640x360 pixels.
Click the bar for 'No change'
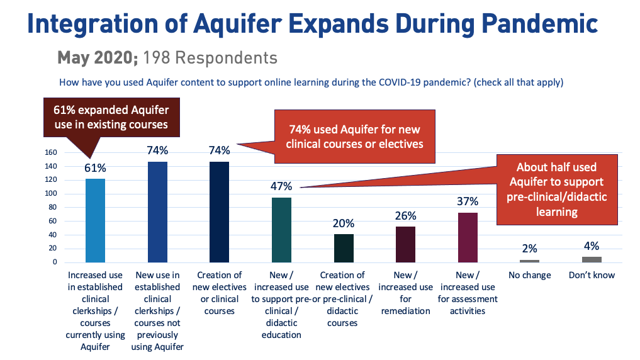529,261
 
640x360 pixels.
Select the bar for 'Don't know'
592,259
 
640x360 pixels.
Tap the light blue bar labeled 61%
96,220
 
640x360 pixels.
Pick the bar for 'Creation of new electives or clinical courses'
219,211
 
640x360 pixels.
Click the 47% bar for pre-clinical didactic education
281,230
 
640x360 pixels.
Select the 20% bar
343,248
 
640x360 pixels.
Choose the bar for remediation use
405,244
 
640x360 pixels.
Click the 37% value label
468,201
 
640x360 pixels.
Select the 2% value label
529,249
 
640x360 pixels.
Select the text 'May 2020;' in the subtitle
98,58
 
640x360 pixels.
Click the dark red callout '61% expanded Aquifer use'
111,116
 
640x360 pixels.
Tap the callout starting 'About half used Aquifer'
556,189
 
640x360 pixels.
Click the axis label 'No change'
529,275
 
